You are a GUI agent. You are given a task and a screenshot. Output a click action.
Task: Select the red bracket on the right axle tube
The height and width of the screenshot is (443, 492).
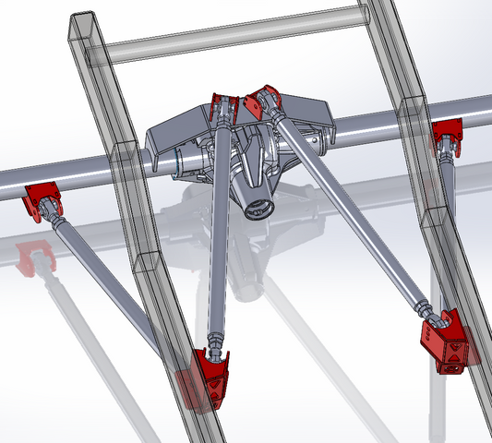click(x=448, y=133)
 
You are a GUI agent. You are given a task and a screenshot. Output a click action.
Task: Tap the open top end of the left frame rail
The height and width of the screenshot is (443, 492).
click(x=82, y=22)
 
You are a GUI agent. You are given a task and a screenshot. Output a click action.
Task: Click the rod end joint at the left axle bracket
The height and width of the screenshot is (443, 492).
click(x=57, y=219)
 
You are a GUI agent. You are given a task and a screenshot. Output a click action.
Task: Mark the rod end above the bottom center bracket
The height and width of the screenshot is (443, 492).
click(x=215, y=343)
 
